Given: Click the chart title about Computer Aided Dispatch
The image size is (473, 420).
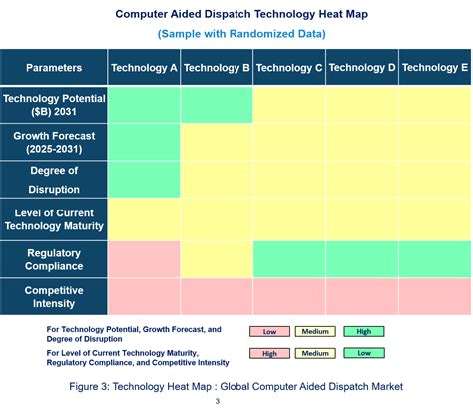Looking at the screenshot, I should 236,14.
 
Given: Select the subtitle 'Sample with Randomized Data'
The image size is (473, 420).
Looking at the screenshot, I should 236,34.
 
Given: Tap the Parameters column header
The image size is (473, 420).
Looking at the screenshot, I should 54,68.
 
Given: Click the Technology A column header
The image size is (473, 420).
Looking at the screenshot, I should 144,68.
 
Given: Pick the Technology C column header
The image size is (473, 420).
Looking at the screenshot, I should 289,68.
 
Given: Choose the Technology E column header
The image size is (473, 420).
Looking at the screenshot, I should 435,68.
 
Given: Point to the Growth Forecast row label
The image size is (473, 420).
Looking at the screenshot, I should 54,142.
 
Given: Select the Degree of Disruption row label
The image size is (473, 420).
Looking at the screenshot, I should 54,179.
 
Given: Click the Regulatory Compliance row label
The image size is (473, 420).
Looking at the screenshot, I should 54,259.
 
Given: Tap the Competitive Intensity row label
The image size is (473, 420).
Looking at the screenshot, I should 54,296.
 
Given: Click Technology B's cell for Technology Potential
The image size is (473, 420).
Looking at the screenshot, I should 217,105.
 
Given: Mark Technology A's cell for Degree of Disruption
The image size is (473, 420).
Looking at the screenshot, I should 144,179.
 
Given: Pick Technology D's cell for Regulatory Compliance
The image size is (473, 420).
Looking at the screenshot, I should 362,259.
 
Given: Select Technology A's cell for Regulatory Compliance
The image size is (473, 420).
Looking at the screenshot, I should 144,259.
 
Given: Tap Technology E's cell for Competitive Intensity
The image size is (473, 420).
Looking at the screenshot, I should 435,296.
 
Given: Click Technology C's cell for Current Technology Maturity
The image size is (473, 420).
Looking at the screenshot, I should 289,219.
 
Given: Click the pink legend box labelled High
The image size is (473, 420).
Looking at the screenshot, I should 269,353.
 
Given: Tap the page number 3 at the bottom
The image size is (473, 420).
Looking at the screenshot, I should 217,402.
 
